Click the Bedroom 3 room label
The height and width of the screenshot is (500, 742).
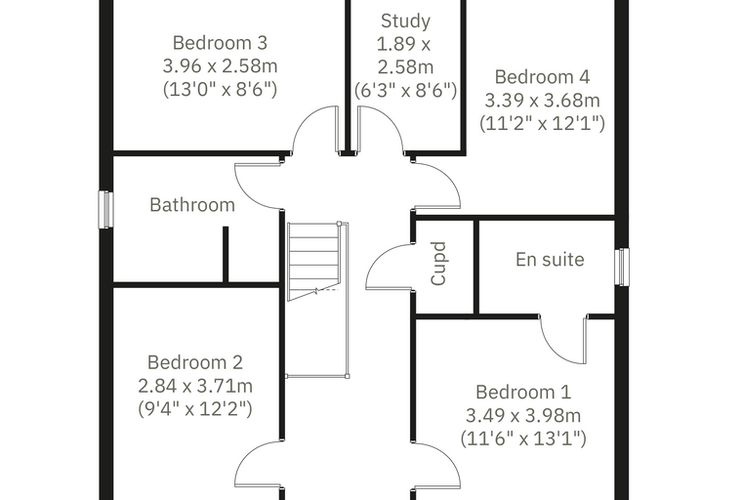220,43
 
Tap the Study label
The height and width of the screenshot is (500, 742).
405,21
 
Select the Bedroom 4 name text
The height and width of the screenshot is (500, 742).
542,77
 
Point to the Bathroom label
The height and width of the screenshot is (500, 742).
192,205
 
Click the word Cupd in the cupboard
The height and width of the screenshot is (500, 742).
438,264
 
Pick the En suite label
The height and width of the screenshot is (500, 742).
550,260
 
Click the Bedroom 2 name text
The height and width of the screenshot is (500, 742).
195,362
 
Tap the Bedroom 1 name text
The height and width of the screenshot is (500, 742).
523,392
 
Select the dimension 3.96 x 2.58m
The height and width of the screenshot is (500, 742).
220,65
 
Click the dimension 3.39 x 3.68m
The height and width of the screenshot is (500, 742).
542,100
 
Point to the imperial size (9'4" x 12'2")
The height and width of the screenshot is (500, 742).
195,408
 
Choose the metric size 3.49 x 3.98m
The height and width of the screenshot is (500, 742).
523,415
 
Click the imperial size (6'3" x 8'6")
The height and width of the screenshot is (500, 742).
405,90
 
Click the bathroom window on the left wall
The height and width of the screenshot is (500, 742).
105,210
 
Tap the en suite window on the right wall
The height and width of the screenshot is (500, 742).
622,267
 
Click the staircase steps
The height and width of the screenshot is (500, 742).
313,262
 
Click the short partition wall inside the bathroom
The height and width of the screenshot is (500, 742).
226,255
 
